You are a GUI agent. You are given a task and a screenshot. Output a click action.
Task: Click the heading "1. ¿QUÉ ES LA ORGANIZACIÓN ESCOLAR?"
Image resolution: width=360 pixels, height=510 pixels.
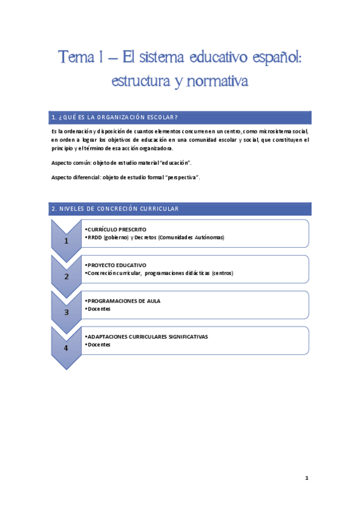coord(114,117)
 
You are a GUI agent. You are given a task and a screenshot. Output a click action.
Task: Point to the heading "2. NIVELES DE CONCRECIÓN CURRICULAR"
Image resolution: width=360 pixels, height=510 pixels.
coord(115,209)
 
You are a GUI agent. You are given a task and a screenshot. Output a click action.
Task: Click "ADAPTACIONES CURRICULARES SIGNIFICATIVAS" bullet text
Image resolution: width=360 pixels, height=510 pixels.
coord(147,336)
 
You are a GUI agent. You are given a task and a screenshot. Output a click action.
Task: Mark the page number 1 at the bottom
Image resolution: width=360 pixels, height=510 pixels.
coord(307,478)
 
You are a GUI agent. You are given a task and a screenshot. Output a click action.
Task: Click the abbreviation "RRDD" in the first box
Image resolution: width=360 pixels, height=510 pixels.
coord(95,238)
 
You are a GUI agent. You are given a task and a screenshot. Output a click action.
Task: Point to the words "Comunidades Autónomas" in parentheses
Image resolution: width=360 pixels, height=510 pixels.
coord(192,238)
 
